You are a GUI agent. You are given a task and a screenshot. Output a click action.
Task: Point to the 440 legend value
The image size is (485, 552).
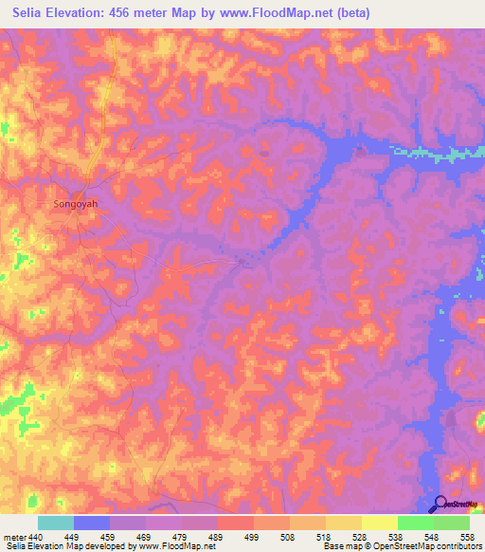pos(36,537)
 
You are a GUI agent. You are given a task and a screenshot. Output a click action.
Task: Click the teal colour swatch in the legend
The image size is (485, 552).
pos(56,523)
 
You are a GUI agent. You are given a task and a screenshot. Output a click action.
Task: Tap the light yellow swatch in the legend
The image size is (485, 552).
pos(379,523)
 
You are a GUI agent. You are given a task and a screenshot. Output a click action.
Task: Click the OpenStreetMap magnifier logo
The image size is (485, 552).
pos(440,504)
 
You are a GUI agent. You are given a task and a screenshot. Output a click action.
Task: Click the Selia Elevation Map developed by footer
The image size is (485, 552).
pos(80,547)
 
